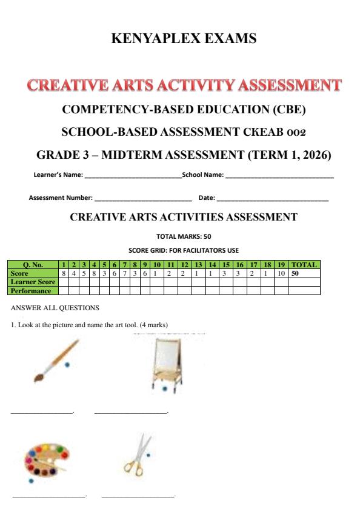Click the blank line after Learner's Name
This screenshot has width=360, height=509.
[133, 176]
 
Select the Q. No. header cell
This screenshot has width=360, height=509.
[33, 265]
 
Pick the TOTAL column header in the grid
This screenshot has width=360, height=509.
[304, 265]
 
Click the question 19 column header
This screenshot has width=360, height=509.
[281, 265]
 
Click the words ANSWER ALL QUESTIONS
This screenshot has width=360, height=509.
[55, 308]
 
